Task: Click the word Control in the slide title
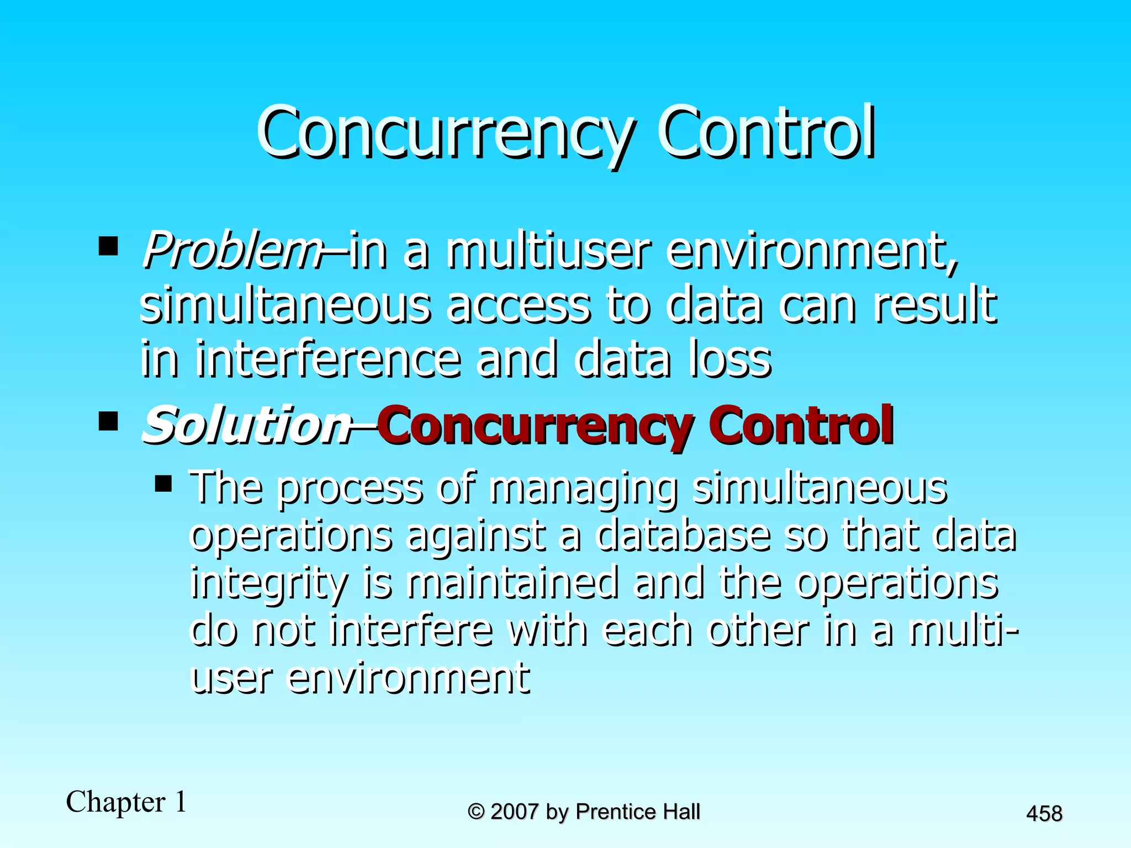click(765, 132)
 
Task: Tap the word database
click(683, 536)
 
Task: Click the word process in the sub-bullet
click(349, 489)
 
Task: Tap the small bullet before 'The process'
click(163, 484)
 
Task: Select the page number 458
click(1044, 814)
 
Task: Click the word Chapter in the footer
click(115, 802)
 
